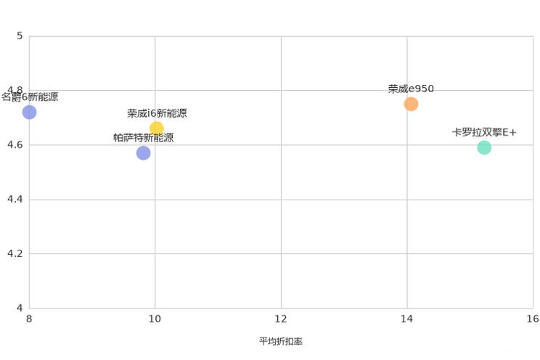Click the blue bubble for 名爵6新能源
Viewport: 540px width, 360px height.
(29, 112)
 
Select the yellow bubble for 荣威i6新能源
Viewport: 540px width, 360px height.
(157, 128)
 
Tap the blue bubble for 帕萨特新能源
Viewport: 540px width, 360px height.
(143, 153)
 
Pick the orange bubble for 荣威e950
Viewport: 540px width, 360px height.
(411, 104)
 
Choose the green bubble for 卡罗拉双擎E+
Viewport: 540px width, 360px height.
(484, 147)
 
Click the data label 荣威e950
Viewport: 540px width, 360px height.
(411, 89)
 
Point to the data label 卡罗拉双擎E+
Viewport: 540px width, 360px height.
(484, 132)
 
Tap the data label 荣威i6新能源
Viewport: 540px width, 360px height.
(157, 113)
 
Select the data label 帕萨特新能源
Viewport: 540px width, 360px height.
(143, 138)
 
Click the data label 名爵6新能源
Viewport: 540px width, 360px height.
(30, 97)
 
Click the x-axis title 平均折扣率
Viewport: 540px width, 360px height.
(281, 341)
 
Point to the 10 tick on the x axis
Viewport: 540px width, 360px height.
(155, 319)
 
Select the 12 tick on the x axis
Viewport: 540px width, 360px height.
(281, 319)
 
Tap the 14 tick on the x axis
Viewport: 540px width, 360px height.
(406, 319)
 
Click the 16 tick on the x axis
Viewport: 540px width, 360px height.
(533, 319)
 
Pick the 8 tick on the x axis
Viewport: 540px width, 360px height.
(29, 319)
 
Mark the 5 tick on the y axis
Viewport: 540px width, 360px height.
(20, 36)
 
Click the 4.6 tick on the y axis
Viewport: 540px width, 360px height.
(15, 144)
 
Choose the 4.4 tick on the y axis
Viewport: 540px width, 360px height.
(15, 199)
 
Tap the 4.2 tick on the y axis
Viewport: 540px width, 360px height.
(15, 253)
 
